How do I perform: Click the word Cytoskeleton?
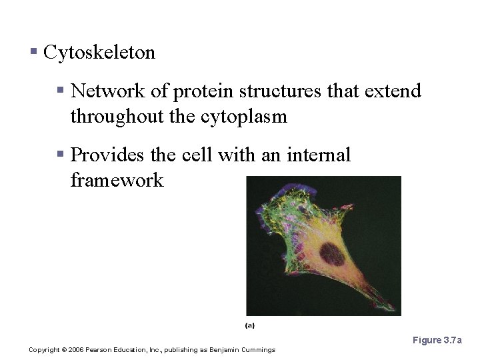coord(99,53)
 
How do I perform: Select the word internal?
coord(318,155)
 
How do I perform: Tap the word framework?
coord(117,181)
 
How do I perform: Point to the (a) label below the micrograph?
coord(250,325)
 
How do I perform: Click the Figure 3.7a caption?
coord(437,341)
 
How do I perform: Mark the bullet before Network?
coord(60,89)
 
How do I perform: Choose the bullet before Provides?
coord(60,154)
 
